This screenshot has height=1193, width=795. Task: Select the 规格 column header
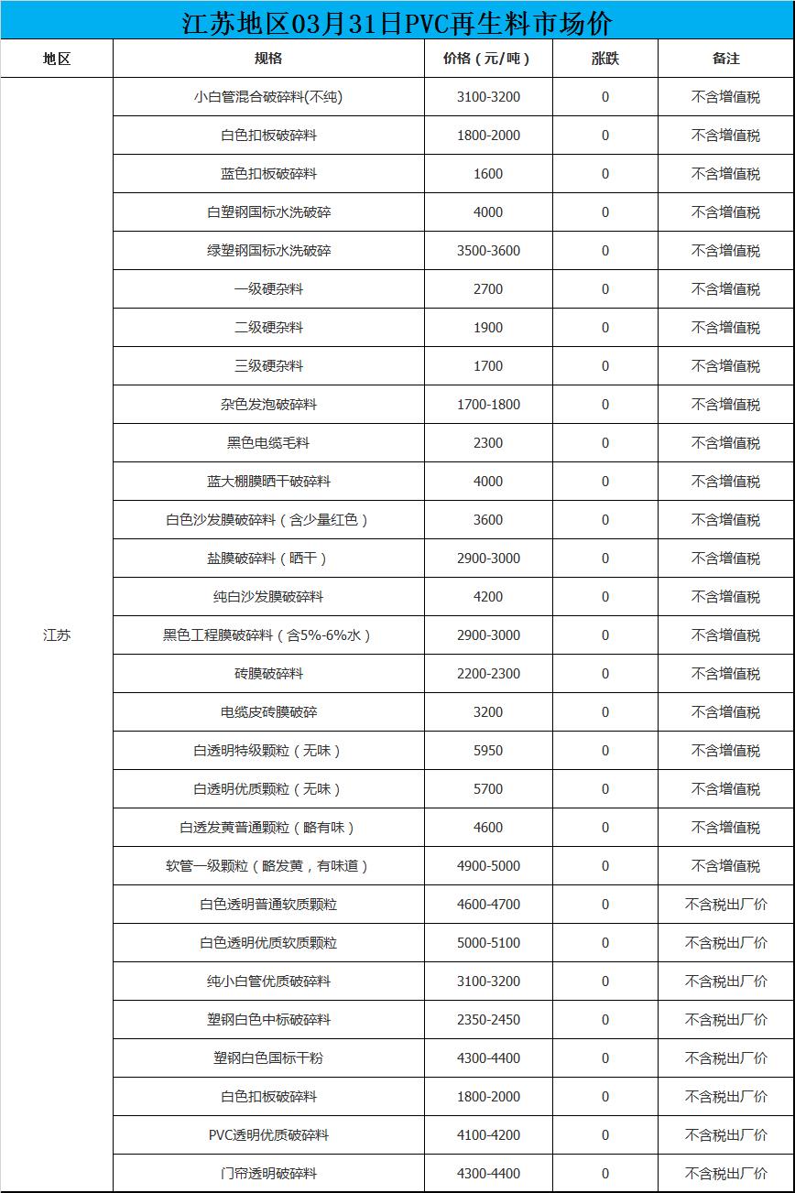[x=268, y=59]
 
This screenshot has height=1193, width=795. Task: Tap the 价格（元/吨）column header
[x=487, y=59]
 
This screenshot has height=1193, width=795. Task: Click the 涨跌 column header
[x=604, y=59]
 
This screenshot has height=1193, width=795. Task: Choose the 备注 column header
[x=725, y=59]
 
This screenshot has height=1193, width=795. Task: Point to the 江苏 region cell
[x=57, y=635]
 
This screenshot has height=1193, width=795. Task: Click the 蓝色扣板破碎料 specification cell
[x=268, y=174]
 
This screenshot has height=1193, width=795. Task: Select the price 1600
[x=488, y=174]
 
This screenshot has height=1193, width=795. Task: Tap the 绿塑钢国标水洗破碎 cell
[x=268, y=251]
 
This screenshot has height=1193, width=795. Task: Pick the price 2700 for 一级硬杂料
[x=488, y=289]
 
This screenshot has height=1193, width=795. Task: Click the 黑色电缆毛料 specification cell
[x=268, y=443]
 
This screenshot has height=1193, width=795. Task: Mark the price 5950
[x=488, y=751]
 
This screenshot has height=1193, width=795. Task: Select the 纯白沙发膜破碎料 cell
[x=268, y=597]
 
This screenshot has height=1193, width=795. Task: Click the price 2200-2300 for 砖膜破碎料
[x=488, y=674]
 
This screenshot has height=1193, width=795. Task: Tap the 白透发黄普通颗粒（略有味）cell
[x=268, y=828]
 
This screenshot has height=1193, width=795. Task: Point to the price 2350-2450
[x=488, y=1020]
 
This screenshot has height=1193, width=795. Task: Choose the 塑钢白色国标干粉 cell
[x=268, y=1058]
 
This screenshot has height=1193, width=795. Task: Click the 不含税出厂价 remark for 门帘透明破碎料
[x=725, y=1174]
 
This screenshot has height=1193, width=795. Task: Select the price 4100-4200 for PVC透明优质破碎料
[x=488, y=1135]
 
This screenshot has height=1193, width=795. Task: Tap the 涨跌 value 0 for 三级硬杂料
[x=604, y=366]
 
